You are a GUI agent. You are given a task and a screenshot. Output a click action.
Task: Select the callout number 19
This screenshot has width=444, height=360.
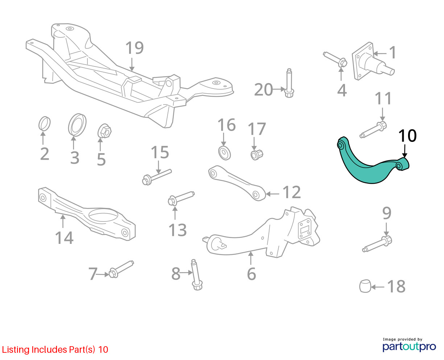pyautogui.click(x=135, y=48)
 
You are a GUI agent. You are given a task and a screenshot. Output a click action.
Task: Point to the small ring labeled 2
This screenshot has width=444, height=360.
pyautogui.click(x=45, y=123)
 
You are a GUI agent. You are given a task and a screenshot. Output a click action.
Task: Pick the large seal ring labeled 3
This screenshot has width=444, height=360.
pyautogui.click(x=77, y=125)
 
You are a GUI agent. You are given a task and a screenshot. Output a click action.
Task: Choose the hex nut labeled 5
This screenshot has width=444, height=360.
pyautogui.click(x=104, y=131)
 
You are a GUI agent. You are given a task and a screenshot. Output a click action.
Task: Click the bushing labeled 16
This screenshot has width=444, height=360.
pyautogui.click(x=225, y=153)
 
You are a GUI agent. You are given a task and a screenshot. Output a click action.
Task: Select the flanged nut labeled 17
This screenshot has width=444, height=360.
pyautogui.click(x=256, y=155)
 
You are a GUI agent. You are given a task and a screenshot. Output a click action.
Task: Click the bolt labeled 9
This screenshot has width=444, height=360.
pyautogui.click(x=377, y=244)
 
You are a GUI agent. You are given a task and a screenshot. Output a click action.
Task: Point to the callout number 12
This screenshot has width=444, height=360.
pyautogui.click(x=291, y=192)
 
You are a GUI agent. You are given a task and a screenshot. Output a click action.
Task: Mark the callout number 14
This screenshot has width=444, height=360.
pyautogui.click(x=64, y=238)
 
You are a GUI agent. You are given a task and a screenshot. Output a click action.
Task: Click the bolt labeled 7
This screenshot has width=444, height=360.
pyautogui.click(x=121, y=269)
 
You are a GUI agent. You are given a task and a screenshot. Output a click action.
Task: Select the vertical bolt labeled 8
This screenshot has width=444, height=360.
pyautogui.click(x=196, y=275)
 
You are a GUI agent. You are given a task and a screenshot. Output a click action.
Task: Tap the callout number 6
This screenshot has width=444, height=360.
pyautogui.click(x=251, y=274)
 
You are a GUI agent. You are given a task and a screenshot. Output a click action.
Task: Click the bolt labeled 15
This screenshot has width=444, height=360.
pyautogui.click(x=157, y=177)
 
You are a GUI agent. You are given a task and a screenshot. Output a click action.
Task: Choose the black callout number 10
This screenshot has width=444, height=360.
pyautogui.click(x=407, y=136)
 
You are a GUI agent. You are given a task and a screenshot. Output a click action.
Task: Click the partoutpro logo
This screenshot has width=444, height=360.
pyautogui.click(x=409, y=346)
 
